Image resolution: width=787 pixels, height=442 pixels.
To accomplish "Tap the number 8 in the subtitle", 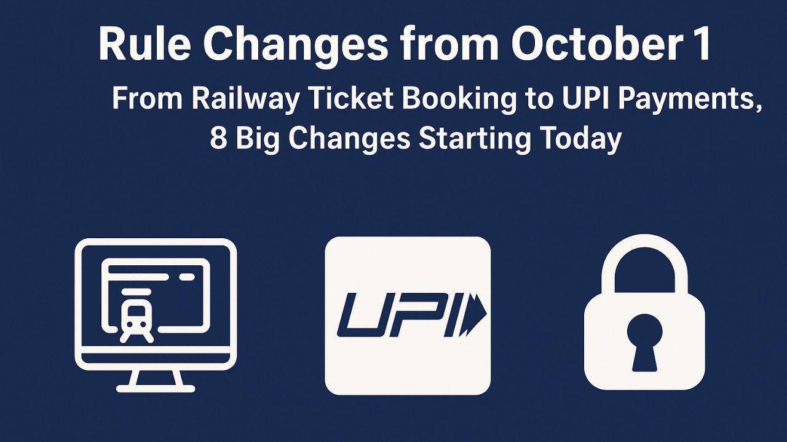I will (218, 139).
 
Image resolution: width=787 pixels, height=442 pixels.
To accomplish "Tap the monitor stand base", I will (156, 387).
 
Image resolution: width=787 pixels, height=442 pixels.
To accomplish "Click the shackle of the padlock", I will (644, 258).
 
